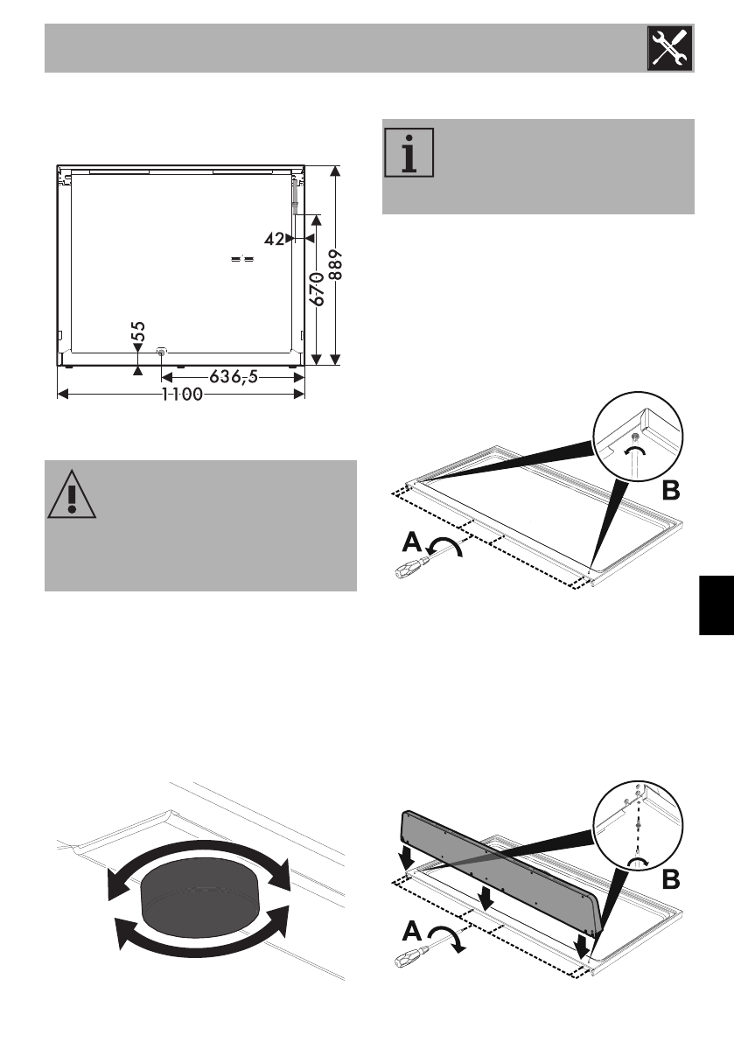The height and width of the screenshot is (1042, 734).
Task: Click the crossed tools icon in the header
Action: click(x=669, y=48)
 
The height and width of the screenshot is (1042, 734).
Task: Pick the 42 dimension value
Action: click(x=275, y=238)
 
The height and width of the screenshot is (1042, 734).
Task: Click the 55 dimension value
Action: click(x=138, y=336)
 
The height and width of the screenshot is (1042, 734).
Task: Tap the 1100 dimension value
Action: click(x=181, y=395)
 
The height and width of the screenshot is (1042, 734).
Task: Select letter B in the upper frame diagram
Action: click(x=669, y=492)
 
